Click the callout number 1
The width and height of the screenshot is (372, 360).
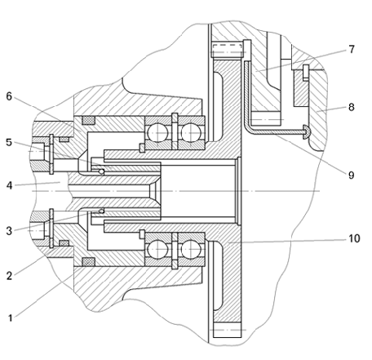[10, 318]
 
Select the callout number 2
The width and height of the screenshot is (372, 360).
[9, 276]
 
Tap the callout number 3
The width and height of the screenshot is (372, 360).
[9, 231]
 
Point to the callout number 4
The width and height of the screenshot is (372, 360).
[9, 185]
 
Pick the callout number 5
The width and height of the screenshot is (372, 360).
[9, 142]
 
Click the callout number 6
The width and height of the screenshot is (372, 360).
[9, 96]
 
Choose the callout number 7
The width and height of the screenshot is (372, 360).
[352, 49]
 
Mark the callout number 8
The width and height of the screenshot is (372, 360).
[352, 107]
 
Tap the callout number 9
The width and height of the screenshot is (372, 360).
[352, 175]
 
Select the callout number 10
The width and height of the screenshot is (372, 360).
[354, 238]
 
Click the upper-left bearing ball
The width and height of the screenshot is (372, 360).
[157, 133]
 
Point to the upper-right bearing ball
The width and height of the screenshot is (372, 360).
[191, 133]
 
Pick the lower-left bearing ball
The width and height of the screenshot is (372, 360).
[157, 249]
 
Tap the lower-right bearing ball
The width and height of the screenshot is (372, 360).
[191, 249]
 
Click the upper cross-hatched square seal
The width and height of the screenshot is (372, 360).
[89, 120]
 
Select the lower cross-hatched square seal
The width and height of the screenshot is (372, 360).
[89, 261]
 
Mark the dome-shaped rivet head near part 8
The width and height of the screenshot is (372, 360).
[307, 131]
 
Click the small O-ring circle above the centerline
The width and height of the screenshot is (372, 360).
[101, 171]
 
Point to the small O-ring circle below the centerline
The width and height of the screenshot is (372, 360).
[101, 211]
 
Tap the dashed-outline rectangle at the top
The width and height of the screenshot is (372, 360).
[227, 50]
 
